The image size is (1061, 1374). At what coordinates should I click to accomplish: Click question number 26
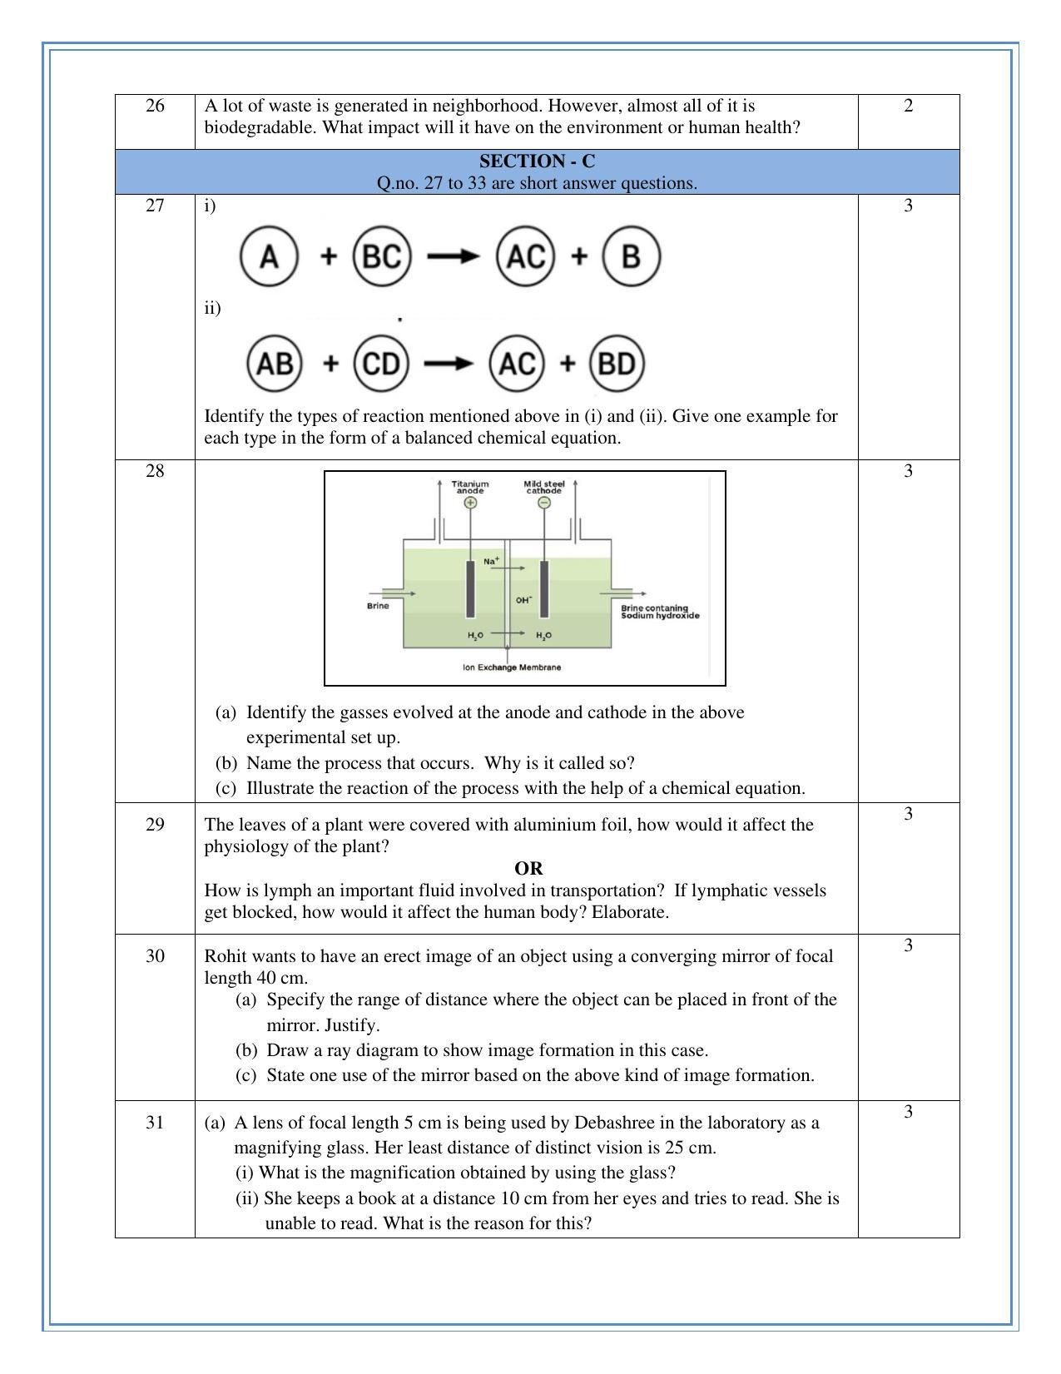click(x=155, y=106)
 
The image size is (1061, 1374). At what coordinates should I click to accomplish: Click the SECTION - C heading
click(x=537, y=161)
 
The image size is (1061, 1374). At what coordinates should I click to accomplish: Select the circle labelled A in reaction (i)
click(x=269, y=256)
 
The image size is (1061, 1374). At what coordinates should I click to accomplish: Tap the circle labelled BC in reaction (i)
click(x=383, y=256)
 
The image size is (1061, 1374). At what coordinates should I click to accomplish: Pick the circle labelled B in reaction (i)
click(x=631, y=256)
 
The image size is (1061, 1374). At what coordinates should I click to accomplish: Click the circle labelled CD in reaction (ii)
click(x=382, y=364)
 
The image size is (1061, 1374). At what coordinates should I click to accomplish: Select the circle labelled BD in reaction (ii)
click(x=617, y=364)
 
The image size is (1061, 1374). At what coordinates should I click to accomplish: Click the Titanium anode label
click(x=470, y=487)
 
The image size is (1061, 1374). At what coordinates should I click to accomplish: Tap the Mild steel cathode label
click(x=544, y=487)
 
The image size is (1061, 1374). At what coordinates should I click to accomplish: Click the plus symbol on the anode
click(x=471, y=503)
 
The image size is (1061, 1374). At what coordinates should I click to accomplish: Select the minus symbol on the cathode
click(x=544, y=503)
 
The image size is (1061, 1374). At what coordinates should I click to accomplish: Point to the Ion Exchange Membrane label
click(x=512, y=667)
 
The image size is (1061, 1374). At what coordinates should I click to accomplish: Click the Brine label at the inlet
click(x=378, y=606)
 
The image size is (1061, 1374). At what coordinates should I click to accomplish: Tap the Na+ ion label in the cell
click(x=491, y=562)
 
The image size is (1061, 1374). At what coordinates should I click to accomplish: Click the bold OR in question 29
click(x=528, y=869)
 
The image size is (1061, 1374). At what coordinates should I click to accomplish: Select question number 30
click(x=155, y=956)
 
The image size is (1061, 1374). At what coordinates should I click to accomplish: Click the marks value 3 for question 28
click(x=908, y=471)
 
